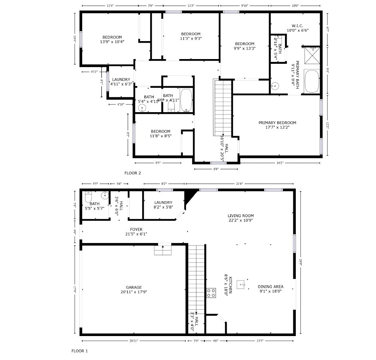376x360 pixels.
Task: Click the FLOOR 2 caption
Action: tap(133, 173)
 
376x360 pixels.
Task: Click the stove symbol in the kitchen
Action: tap(211, 293)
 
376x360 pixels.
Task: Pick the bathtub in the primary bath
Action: tap(312, 81)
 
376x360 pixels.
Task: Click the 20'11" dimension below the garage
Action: tap(134, 341)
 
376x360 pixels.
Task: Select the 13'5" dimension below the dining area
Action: tap(259, 341)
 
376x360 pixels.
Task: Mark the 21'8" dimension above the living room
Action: tap(239, 184)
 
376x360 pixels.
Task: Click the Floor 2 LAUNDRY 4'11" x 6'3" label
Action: tap(121, 82)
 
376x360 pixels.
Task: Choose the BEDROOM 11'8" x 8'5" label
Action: tap(160, 134)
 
